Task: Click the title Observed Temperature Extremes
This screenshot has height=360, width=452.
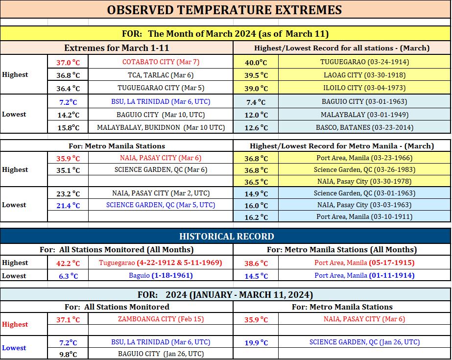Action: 224,10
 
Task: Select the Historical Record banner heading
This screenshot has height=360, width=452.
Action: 227,237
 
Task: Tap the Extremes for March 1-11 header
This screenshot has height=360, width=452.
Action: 117,48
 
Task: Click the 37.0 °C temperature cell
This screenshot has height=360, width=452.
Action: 68,62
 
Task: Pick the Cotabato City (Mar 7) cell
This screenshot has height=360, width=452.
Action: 161,62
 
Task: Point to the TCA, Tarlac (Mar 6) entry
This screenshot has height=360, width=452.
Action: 161,75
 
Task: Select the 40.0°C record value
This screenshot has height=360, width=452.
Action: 256,62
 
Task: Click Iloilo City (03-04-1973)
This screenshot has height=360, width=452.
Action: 364,88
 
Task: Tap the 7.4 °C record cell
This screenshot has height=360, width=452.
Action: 256,102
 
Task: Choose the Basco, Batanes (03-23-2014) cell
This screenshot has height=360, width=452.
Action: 364,127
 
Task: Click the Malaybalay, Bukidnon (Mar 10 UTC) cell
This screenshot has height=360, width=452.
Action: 161,127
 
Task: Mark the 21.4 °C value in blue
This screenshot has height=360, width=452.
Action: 68,205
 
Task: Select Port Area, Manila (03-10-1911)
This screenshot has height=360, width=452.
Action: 364,216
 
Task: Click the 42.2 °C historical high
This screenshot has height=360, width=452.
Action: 68,263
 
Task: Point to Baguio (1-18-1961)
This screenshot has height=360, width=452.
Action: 161,275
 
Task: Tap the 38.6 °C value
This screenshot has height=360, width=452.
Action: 256,263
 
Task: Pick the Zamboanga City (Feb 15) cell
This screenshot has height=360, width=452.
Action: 161,319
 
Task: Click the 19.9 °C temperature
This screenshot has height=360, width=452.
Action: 256,343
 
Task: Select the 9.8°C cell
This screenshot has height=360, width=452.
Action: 68,354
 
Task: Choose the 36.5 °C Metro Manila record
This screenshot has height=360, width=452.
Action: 256,182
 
